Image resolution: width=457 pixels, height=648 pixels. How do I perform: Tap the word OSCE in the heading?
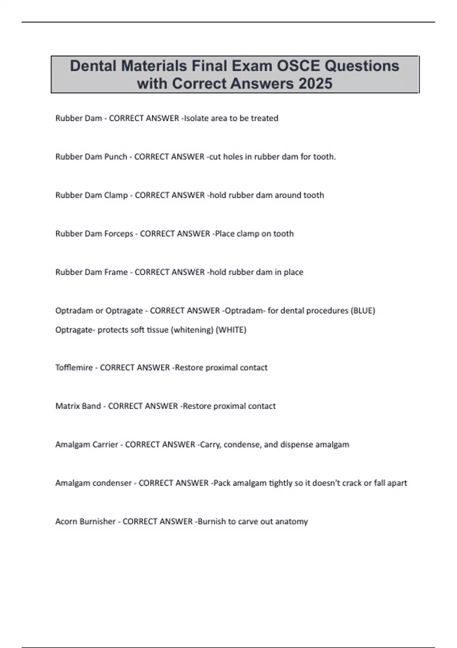[x=298, y=66]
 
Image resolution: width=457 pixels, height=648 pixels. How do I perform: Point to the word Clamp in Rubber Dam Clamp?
[x=116, y=195]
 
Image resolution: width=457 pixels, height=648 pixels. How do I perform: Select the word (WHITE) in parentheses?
[x=231, y=330]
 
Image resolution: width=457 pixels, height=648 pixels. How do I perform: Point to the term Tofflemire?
[x=74, y=367]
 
